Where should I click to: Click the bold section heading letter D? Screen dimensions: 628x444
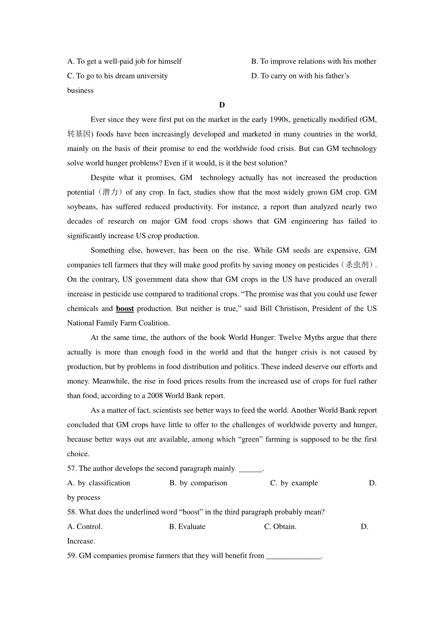click(x=222, y=105)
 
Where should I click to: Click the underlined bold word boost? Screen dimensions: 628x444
click(x=125, y=309)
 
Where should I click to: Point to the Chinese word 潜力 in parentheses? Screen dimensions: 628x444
click(x=111, y=192)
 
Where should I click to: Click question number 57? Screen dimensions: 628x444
click(x=72, y=469)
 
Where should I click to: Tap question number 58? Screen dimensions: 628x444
click(x=72, y=512)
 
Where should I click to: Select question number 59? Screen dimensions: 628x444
click(x=72, y=556)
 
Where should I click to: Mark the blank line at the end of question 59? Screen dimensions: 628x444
click(x=294, y=556)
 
